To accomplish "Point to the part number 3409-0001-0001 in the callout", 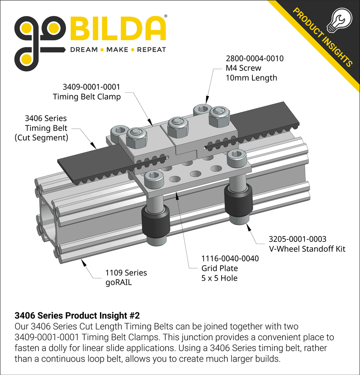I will coord(91,87).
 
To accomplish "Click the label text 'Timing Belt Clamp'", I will coord(87,97).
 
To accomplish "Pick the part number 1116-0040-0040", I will coord(230,258).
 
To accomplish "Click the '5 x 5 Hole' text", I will coord(219,278).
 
